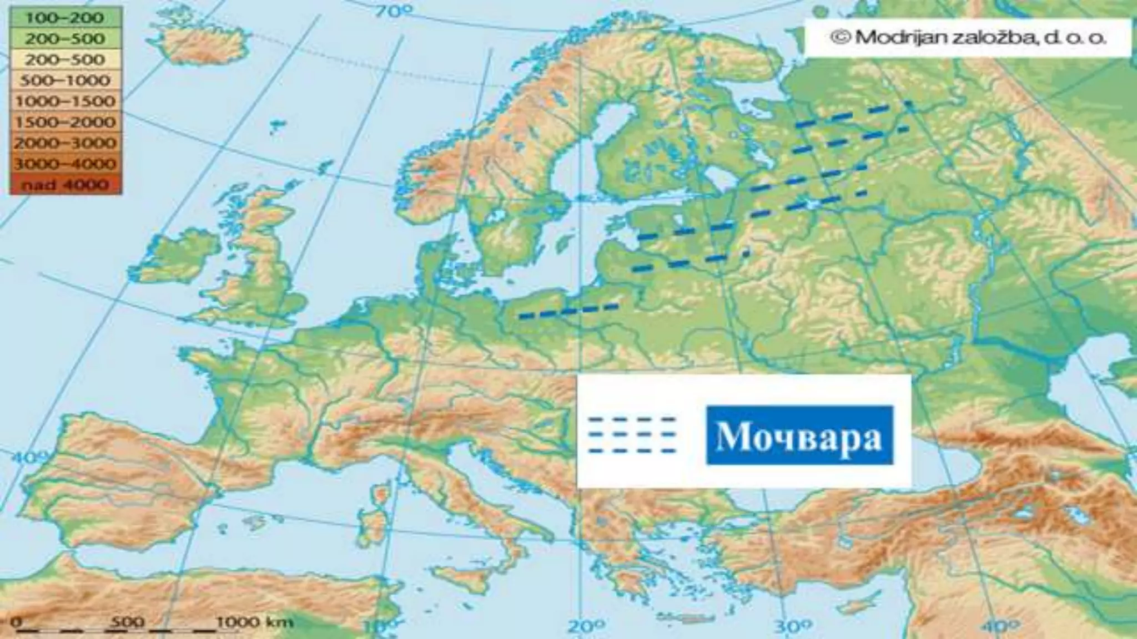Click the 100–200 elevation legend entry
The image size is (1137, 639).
click(65, 18)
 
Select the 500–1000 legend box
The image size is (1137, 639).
click(65, 80)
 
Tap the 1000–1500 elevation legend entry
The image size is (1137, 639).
click(65, 102)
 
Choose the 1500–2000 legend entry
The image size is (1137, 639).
click(65, 122)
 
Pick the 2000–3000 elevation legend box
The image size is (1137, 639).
click(65, 143)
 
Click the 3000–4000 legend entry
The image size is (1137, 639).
click(65, 164)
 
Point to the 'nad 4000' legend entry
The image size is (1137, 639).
click(65, 185)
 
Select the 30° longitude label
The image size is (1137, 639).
click(788, 627)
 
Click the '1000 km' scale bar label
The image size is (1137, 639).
click(254, 622)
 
